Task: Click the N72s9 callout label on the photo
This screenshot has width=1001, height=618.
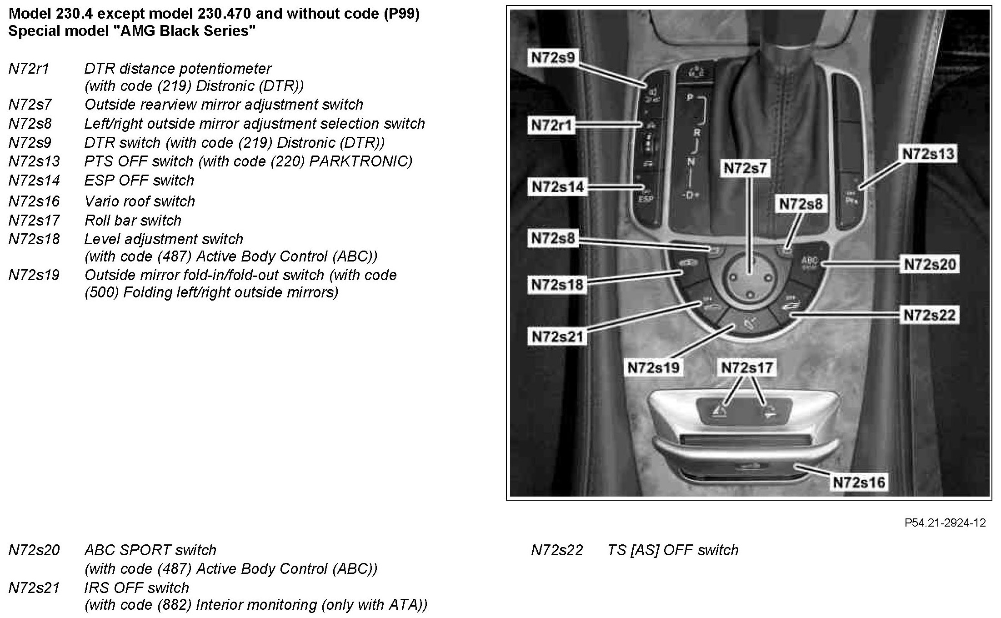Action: click(553, 58)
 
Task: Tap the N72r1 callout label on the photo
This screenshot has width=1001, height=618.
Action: click(551, 125)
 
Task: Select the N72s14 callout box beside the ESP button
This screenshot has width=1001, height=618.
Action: click(557, 186)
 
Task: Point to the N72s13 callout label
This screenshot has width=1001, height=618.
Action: click(928, 154)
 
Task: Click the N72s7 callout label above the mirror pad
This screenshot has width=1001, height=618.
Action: click(745, 168)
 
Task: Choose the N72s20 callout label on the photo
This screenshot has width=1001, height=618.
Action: click(930, 264)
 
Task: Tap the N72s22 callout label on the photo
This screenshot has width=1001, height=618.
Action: click(930, 315)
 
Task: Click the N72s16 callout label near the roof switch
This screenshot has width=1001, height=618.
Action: click(859, 482)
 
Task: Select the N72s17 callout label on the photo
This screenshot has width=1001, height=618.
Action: click(747, 367)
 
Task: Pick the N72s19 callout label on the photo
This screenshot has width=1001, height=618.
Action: click(653, 367)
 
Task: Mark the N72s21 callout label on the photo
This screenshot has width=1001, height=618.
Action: click(557, 337)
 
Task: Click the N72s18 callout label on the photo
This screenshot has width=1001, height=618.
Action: click(557, 285)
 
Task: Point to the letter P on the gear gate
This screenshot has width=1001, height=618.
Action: click(690, 97)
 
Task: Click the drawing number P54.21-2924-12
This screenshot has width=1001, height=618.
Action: click(945, 523)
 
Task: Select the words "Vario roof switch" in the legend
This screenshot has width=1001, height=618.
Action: click(140, 201)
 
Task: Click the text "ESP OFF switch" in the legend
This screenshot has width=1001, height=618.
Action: click(139, 181)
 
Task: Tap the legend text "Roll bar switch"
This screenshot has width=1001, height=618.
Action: click(133, 221)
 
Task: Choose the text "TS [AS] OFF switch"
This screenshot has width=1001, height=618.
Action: click(672, 550)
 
